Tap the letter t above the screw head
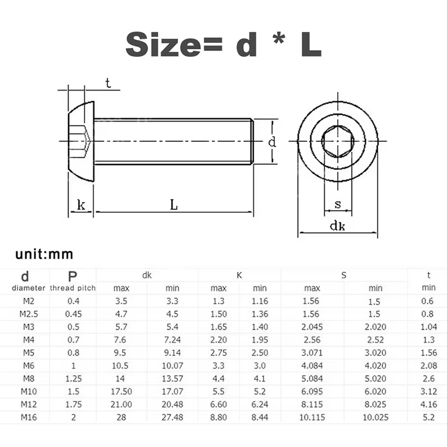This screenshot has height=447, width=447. (x=108, y=84)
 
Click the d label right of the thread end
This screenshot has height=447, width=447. (x=272, y=142)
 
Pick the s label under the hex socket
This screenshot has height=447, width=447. (x=338, y=204)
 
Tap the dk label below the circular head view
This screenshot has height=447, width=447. (x=337, y=226)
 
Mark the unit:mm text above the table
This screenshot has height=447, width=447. (x=44, y=254)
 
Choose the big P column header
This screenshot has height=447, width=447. (x=73, y=276)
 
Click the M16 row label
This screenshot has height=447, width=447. (x=25, y=417)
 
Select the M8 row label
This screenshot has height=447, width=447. (x=25, y=378)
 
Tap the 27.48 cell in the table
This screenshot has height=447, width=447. (x=172, y=417)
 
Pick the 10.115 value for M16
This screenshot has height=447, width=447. (x=310, y=417)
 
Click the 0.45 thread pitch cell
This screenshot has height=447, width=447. (x=73, y=314)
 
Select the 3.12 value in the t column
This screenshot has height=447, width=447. (x=428, y=391)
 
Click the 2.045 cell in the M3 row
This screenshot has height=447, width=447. (x=310, y=327)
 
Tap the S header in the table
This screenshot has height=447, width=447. (x=343, y=275)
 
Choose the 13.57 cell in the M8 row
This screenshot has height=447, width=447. (x=172, y=378)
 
